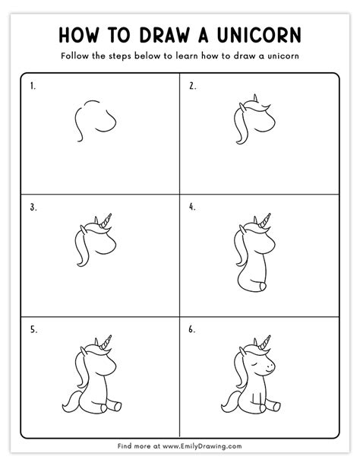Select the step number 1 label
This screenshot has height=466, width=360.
click(x=33, y=87)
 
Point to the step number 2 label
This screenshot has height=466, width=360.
click(x=192, y=87)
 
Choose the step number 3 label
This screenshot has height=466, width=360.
click(x=33, y=206)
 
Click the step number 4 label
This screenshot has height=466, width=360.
click(x=192, y=206)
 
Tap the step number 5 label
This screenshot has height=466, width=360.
click(x=33, y=329)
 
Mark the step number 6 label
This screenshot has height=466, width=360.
click(x=192, y=329)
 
